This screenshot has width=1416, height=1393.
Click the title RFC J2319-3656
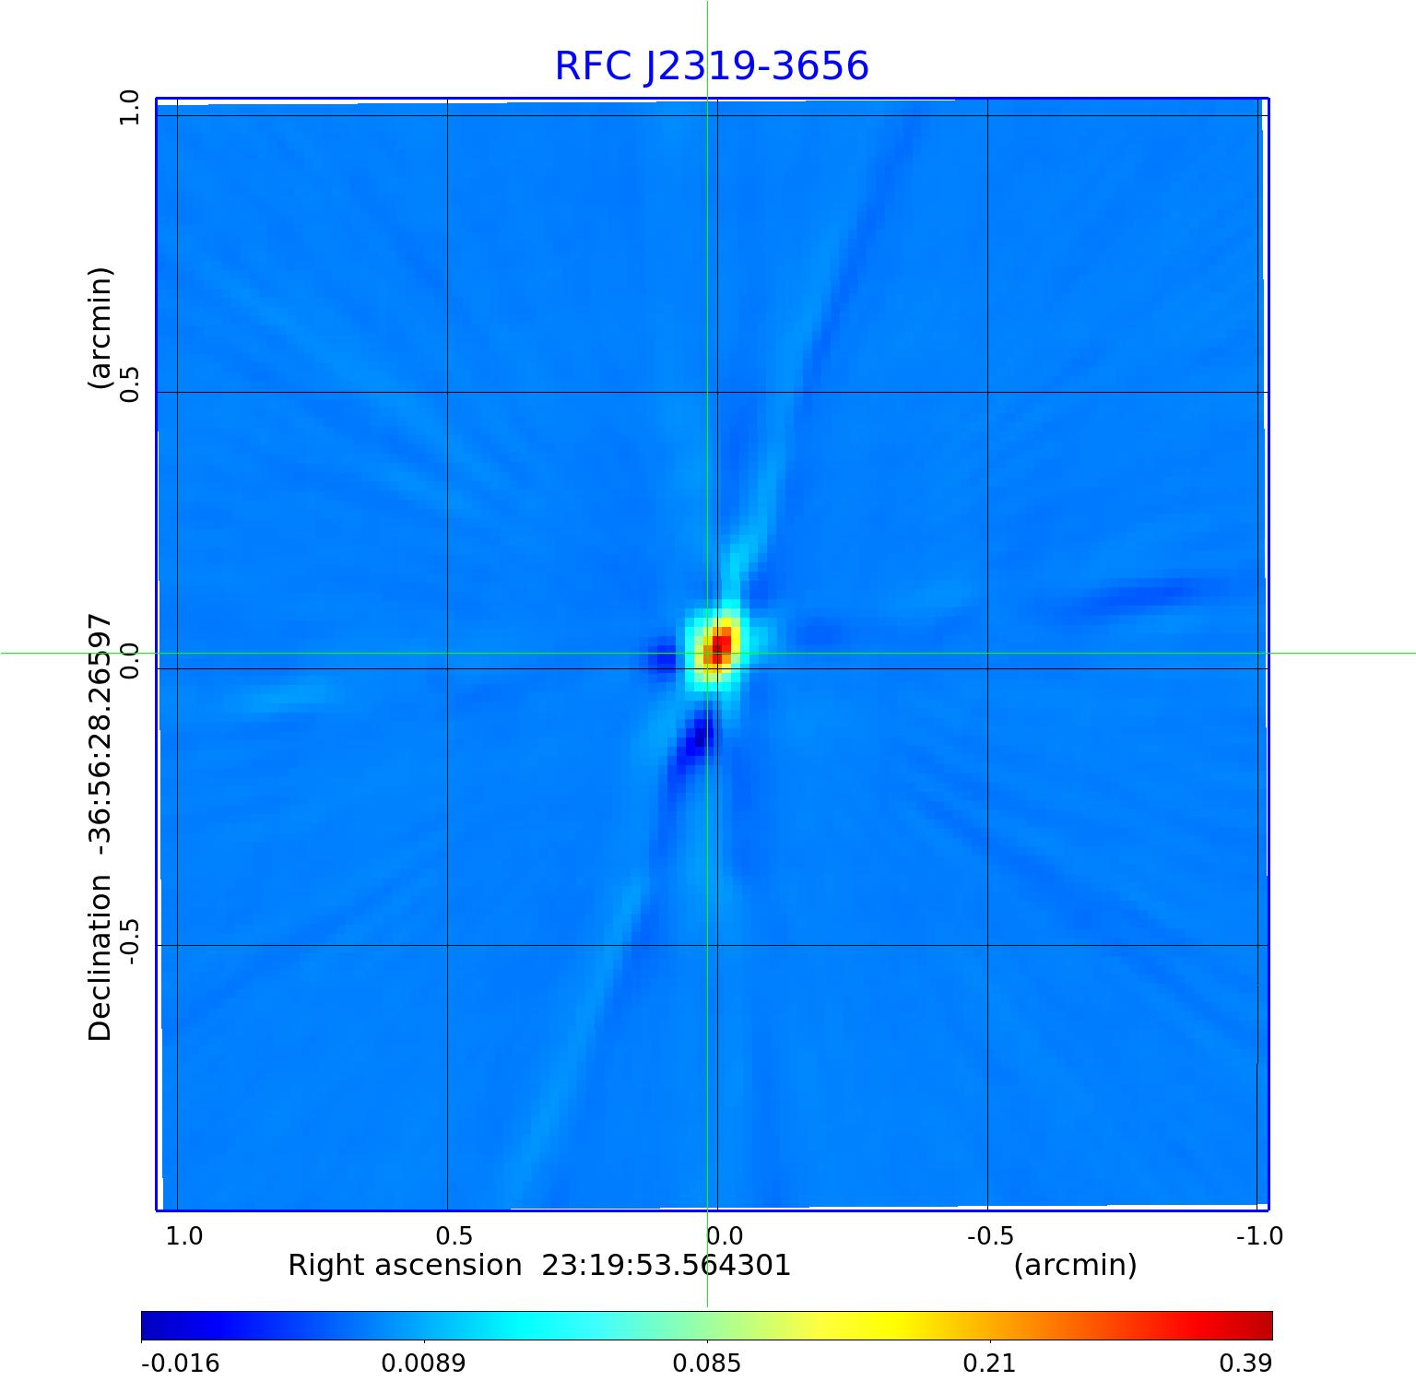[712, 66]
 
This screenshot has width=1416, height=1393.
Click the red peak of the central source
[720, 643]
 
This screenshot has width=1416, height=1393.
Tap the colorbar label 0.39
[1245, 1363]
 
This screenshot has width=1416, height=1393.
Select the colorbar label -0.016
[180, 1363]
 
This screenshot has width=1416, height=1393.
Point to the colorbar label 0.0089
[424, 1363]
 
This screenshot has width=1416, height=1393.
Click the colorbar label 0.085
[707, 1363]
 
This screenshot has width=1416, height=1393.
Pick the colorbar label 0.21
[990, 1363]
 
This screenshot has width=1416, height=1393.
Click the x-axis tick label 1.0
[184, 1235]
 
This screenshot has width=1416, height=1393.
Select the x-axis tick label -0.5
[991, 1235]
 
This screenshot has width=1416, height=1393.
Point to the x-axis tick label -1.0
[1259, 1235]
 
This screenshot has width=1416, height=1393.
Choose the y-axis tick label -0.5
[129, 940]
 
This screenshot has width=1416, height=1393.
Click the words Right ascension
[405, 1265]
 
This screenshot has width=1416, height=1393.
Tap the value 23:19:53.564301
[666, 1265]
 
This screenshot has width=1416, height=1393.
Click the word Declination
[100, 959]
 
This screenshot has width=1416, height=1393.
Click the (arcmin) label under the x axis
[1075, 1265]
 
